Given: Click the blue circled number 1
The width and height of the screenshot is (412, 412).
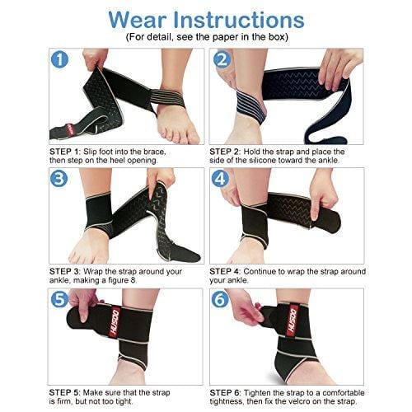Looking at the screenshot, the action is [x=59, y=60].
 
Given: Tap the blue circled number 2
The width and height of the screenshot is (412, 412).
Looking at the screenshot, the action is [x=221, y=59].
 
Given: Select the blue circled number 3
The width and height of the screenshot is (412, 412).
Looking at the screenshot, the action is [x=59, y=179].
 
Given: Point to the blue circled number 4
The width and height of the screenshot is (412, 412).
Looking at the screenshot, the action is [x=220, y=179].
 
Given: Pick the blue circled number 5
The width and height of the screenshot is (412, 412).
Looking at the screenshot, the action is [x=59, y=299].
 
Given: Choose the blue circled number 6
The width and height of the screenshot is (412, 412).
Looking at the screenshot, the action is [x=220, y=299].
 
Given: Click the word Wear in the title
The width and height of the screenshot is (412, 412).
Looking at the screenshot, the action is [x=138, y=20].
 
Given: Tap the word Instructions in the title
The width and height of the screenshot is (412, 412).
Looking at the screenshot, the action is [x=239, y=20].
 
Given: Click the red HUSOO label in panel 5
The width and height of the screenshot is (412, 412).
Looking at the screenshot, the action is [x=115, y=321].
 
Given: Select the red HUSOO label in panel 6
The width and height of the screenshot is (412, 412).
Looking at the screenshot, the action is [x=293, y=321].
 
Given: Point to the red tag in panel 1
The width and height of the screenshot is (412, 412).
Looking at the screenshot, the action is [x=70, y=129].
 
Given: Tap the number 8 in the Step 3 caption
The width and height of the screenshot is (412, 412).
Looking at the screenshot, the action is [x=134, y=280].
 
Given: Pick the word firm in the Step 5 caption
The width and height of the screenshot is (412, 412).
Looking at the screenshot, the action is [x=63, y=401].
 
